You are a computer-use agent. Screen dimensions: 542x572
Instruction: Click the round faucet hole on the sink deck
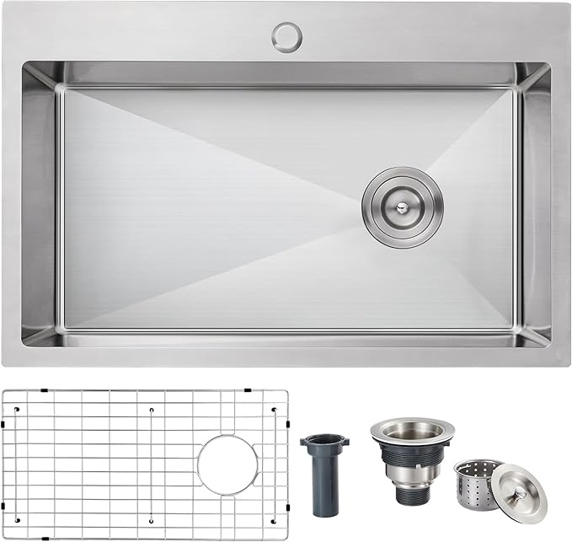pos(286,36)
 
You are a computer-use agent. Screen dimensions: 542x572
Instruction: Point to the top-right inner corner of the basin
pos(516,87)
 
